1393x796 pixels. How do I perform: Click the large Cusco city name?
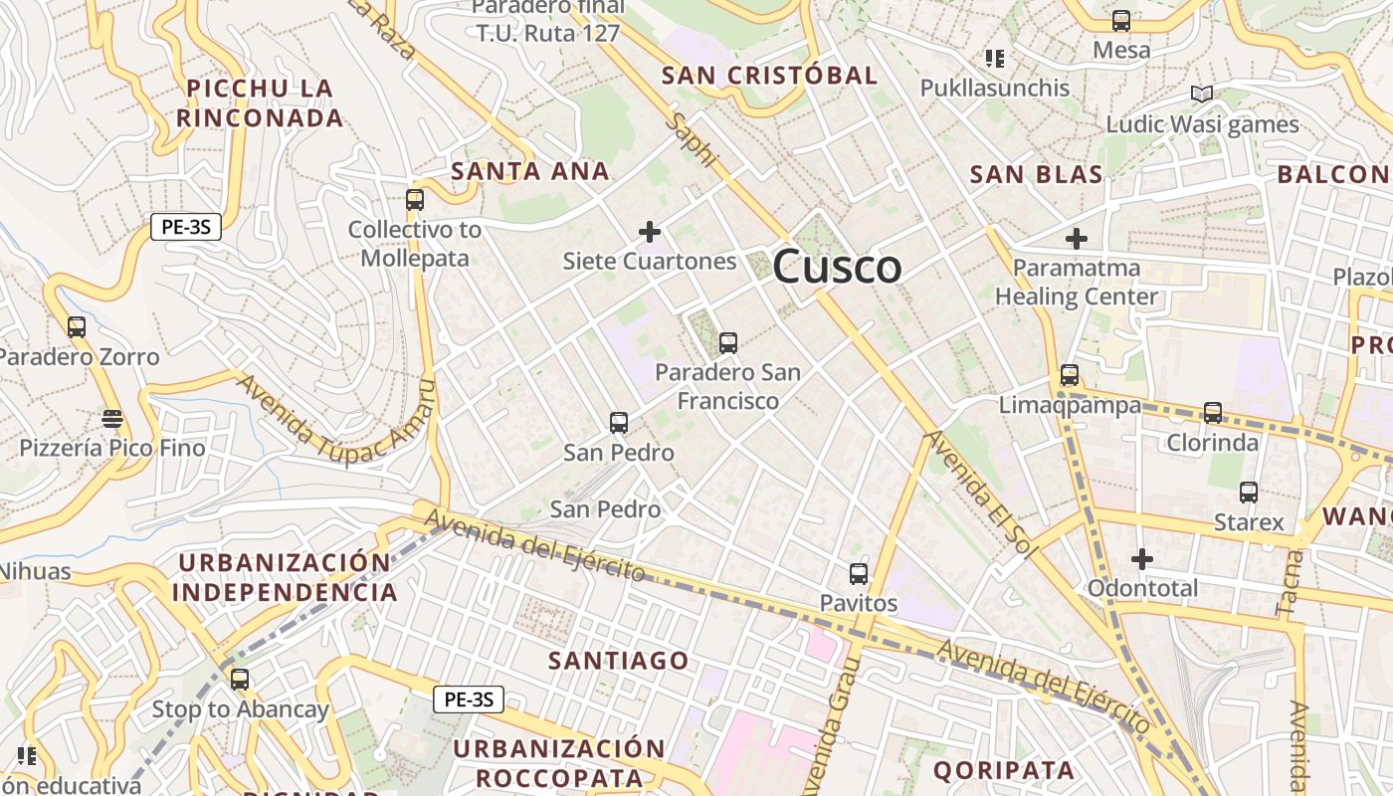point(837,267)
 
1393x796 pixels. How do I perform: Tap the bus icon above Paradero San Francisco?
point(728,343)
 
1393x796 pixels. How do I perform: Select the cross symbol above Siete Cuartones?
point(650,233)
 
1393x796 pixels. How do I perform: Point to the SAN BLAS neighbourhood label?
point(1036,175)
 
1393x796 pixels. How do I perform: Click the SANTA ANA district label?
point(530,171)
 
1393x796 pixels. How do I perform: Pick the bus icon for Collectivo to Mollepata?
point(415,200)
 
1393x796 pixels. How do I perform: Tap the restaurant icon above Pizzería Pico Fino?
point(112,419)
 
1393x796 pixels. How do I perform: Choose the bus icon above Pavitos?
point(859,574)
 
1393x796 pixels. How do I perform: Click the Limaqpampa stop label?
point(1070,405)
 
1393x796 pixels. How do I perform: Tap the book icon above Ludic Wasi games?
point(1202,95)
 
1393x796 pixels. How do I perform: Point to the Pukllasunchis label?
point(994,88)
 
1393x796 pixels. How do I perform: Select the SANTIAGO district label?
point(618,661)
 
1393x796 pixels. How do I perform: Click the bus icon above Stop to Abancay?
point(240,680)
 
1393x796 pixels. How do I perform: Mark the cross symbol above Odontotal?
point(1142,559)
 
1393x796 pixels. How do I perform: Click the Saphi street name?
point(693,140)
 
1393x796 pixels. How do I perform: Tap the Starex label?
point(1249,522)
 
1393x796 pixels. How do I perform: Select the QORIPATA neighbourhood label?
point(1003,770)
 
